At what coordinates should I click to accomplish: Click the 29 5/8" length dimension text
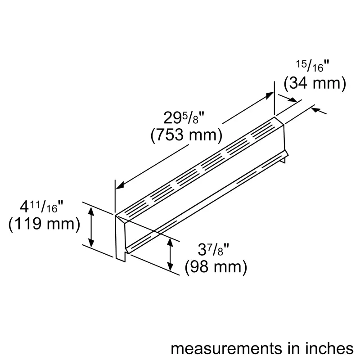coord(184,119)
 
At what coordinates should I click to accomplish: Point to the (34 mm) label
coord(315,83)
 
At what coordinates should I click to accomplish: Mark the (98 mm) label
coord(216,267)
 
